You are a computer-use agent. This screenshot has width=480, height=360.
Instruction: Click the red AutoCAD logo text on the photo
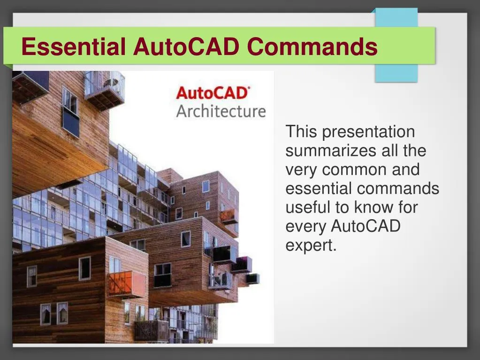[x=212, y=93]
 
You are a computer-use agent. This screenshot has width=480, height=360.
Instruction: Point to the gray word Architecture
[x=221, y=112]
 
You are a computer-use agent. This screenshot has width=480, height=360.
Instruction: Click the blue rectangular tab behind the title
[x=396, y=70]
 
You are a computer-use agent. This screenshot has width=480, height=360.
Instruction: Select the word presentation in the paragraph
[x=368, y=132]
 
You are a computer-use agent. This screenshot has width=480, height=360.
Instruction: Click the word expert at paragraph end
[x=310, y=245]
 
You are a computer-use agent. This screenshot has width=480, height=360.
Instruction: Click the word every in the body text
[x=306, y=226]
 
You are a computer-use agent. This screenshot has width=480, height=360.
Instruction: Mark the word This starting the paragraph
[x=301, y=132]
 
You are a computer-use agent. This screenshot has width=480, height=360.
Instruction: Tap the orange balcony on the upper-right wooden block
[x=229, y=216]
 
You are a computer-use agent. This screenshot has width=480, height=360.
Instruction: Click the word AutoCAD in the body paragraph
[x=366, y=226]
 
